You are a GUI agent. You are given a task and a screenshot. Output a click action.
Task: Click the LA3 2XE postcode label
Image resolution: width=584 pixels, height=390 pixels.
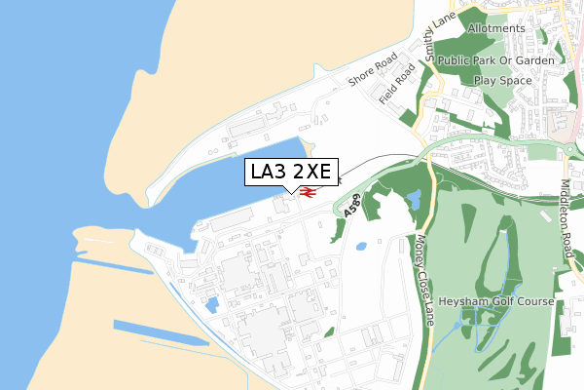coord(291,173)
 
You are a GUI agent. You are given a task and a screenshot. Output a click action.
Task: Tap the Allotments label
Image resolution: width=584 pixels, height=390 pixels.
coord(496,28)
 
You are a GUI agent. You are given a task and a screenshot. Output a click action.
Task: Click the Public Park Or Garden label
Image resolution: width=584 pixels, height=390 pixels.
coord(495,60)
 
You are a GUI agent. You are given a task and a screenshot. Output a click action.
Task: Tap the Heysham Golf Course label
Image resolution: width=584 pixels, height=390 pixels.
coord(496,301)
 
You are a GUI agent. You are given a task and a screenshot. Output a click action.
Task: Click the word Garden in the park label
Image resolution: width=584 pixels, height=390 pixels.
coord(534,60)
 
